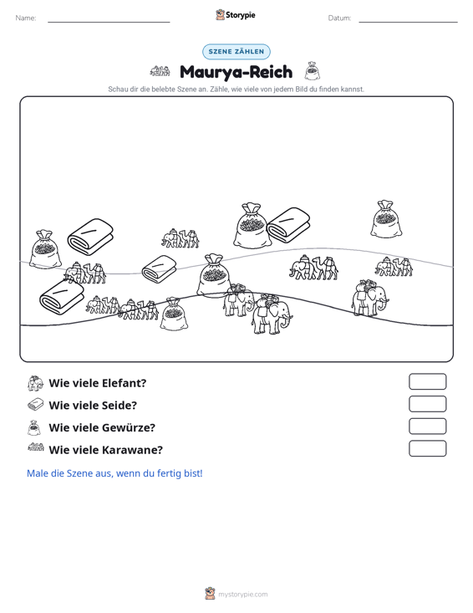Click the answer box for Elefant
click(x=427, y=381)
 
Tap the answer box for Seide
click(x=427, y=404)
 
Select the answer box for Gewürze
click(x=427, y=427)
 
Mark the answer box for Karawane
click(x=427, y=448)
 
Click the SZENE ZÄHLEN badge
click(x=237, y=52)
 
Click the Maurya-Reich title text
click(x=236, y=72)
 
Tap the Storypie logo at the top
click(x=236, y=15)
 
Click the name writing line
click(x=109, y=22)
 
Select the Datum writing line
click(x=408, y=22)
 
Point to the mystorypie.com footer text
click(x=243, y=595)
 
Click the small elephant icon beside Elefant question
click(x=35, y=384)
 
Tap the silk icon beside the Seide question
click(x=36, y=405)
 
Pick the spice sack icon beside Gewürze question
click(x=34, y=427)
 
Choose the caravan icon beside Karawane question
click(x=36, y=447)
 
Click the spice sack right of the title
click(x=312, y=70)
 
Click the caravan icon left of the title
click(x=160, y=71)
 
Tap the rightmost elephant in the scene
click(x=370, y=298)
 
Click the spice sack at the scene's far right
click(x=385, y=219)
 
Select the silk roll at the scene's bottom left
click(x=62, y=297)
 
